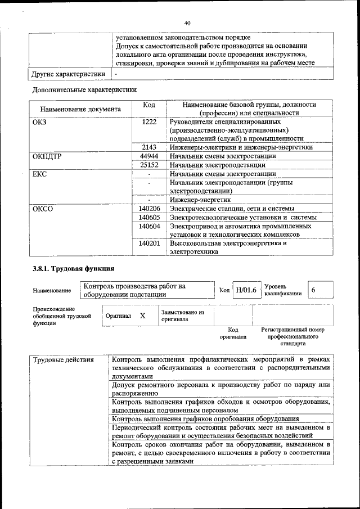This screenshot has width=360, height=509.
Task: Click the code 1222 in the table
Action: (149, 121)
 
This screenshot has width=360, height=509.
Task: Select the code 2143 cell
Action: (149, 147)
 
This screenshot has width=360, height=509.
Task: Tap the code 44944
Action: (149, 156)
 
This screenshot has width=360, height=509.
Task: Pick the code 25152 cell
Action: (149, 165)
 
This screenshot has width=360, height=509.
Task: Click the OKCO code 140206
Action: (149, 209)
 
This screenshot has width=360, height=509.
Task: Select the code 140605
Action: (149, 217)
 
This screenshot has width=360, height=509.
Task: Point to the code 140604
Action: (149, 226)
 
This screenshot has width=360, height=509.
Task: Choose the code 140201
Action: (149, 244)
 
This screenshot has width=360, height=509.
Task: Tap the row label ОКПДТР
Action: (47, 156)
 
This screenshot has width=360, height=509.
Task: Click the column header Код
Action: (149, 105)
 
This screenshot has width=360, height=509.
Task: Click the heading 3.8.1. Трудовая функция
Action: (73, 268)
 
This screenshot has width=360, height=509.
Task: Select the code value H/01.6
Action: (246, 290)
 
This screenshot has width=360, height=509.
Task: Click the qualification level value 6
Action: (313, 290)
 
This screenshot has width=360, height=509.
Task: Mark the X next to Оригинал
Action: (142, 316)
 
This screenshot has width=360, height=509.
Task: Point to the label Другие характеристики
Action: (68, 74)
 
